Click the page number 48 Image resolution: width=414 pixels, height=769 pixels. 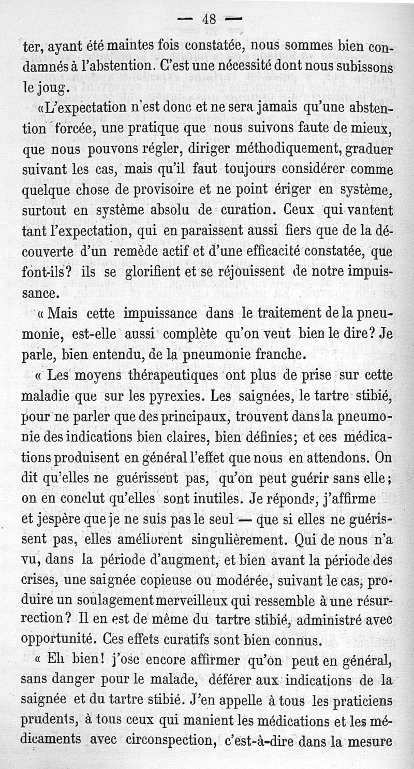[x=209, y=20]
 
